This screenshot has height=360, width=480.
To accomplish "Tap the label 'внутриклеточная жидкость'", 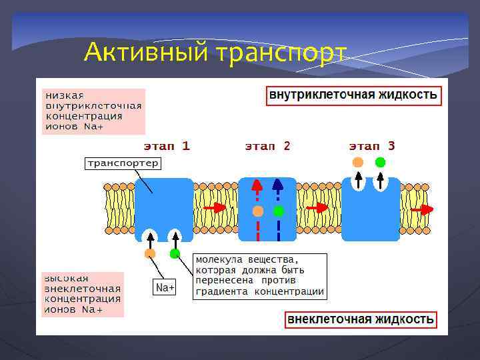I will (x=353, y=95).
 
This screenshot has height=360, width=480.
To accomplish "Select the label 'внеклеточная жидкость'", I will (x=361, y=320).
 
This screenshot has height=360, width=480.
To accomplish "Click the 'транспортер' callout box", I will (x=122, y=163).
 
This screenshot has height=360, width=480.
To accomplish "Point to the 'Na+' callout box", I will (x=165, y=287).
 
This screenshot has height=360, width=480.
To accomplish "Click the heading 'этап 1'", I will (x=167, y=145).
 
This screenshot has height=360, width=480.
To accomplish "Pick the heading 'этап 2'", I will (x=267, y=145).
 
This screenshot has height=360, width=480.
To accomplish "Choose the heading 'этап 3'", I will (x=372, y=145).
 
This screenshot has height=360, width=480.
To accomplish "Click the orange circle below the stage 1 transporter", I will (x=150, y=253).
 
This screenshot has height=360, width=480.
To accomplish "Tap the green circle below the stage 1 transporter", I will (x=175, y=253).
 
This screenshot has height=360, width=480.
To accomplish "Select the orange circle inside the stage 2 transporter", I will (x=258, y=211).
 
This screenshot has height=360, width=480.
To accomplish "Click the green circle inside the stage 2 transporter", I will (x=279, y=211).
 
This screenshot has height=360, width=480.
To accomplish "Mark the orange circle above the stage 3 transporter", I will (x=358, y=162).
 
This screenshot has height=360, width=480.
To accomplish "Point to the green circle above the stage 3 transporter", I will (x=380, y=162).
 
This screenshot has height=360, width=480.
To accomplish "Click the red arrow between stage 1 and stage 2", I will (x=215, y=208).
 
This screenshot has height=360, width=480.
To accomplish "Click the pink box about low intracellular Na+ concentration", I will (x=93, y=111).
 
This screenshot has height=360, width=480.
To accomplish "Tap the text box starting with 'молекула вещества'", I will (x=260, y=275).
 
